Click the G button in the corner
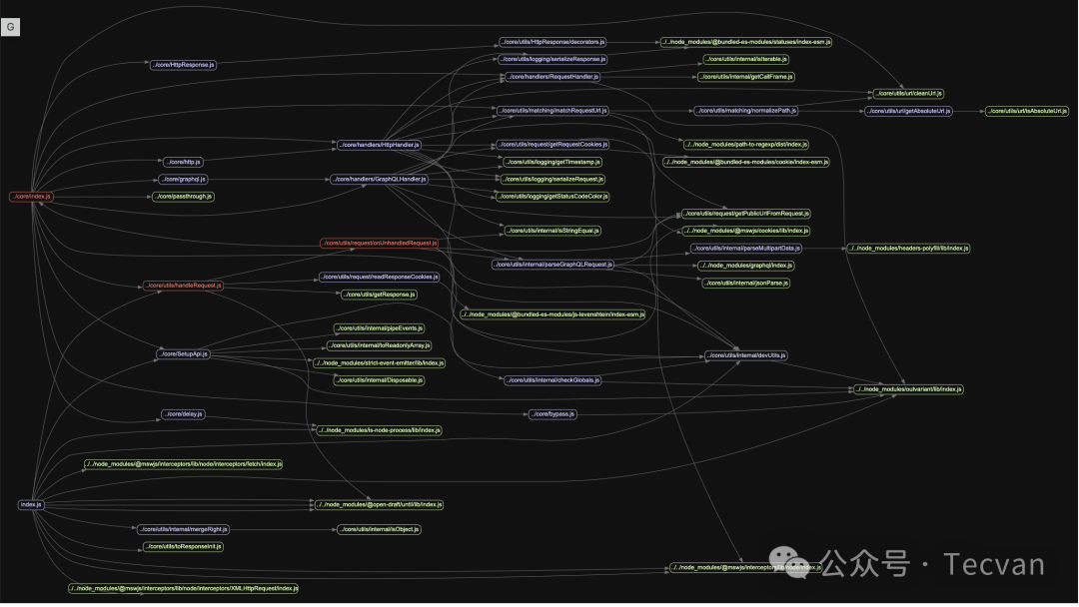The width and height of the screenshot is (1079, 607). coord(11,27)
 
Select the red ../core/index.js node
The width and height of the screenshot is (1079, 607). coord(31,196)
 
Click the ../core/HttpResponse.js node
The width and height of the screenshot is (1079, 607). coord(183,64)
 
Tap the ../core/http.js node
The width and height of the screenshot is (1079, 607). coord(183,161)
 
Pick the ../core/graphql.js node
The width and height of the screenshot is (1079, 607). coord(183,179)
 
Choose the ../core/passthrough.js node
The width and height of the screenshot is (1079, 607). coord(184,196)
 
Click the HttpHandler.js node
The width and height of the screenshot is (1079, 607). coord(379,145)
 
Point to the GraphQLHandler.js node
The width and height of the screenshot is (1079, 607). coord(380,179)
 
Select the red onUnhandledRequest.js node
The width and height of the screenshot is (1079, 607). coord(380,243)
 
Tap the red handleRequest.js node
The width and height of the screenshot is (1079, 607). coord(183,286)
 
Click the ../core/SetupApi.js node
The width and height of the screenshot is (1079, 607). coord(183,353)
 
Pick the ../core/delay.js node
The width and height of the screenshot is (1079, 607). coord(183,413)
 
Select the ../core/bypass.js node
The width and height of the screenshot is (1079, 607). coord(552,413)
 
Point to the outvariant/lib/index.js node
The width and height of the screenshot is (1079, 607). coord(908,388)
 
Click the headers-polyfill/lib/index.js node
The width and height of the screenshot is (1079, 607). coord(908,248)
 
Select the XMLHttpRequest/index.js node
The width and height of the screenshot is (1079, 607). coord(184,588)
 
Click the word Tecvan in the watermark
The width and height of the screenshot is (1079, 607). coord(994,565)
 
